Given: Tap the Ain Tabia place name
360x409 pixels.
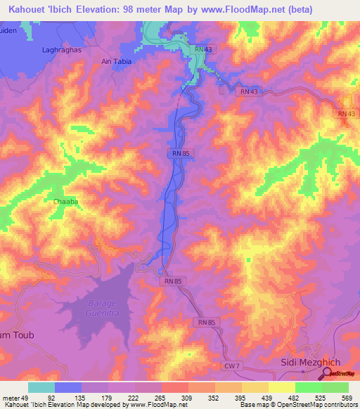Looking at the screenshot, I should (x=117, y=61).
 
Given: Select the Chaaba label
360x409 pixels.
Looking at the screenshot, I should (x=65, y=201).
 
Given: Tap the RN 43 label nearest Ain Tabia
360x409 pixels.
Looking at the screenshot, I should (x=203, y=48).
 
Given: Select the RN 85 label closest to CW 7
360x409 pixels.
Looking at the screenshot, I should (x=207, y=322).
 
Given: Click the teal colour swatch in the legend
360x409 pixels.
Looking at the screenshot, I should (x=41, y=387).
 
